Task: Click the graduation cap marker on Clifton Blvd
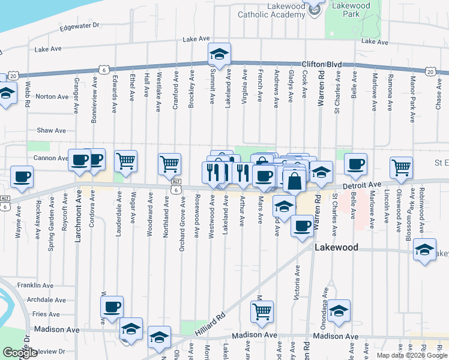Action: coord(220,55)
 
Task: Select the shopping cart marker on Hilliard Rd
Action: coord(261,311)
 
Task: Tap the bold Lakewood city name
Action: coord(337,247)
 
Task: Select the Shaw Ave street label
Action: coord(52,130)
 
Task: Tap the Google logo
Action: coord(20,353)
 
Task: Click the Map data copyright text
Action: coord(411,355)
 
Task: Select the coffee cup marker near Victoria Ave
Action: coord(301,226)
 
